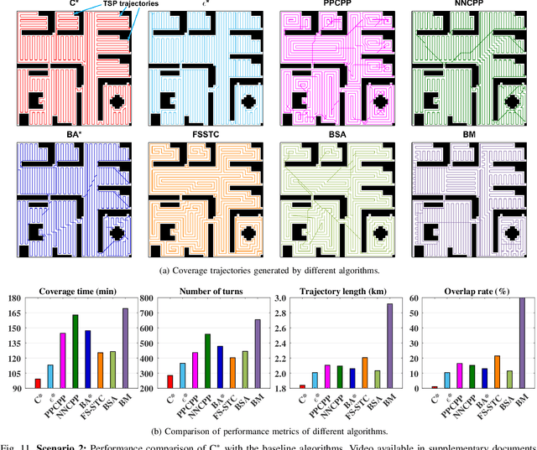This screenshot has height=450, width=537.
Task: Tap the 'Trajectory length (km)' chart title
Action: (x=334, y=291)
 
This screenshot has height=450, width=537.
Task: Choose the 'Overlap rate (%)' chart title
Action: (x=466, y=291)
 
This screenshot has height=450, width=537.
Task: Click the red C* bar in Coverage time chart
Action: (x=37, y=384)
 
